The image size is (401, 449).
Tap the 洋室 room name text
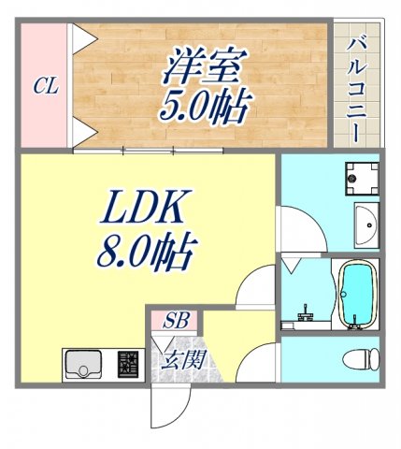pos(205,66)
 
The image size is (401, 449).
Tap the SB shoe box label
pos(176,321)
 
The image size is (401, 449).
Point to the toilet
pos(361,359)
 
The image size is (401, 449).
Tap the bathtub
pos(355,292)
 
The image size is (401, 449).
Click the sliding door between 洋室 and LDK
pos(173,149)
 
